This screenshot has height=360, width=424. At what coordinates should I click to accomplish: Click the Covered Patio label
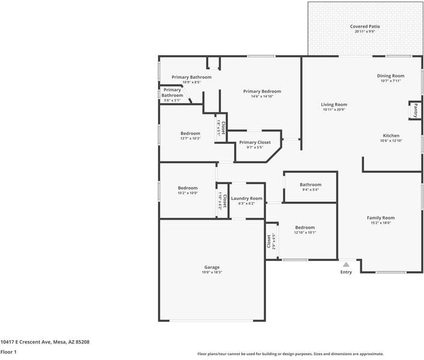pos(365,26)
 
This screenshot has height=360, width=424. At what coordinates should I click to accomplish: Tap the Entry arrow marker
pos(346,263)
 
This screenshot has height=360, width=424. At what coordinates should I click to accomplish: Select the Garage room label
pos(211,267)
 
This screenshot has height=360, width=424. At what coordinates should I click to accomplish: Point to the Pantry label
pos(416,110)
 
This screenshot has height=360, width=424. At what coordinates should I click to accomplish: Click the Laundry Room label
pos(247,198)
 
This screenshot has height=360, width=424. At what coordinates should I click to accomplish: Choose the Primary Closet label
pos(255,142)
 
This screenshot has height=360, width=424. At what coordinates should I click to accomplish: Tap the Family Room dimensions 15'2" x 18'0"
pos(381,223)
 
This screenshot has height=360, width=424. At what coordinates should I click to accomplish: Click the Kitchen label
pos(391,136)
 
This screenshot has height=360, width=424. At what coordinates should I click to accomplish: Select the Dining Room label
pos(390,76)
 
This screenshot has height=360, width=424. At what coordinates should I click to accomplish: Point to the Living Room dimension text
pos(335,110)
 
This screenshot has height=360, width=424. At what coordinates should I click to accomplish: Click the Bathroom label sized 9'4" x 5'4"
pos(310,185)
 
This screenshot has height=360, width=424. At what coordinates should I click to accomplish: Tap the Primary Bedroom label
pos(262,91)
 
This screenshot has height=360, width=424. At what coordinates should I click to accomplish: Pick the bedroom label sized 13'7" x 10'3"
pos(190,133)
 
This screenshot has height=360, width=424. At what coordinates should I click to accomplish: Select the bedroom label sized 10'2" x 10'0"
pos(187,188)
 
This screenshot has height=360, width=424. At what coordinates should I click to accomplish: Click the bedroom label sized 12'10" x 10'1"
pos(304,227)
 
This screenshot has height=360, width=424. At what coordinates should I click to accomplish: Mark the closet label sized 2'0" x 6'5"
pos(268,241)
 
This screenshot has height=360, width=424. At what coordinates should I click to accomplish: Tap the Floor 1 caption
pos(8,352)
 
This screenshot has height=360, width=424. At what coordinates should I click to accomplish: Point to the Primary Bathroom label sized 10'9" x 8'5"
pos(191,77)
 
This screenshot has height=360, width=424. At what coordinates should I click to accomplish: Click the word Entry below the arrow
pos(346,272)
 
